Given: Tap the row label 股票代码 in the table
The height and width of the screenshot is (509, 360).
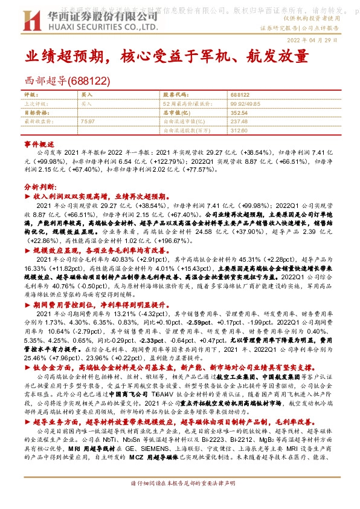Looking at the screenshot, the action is (176, 95).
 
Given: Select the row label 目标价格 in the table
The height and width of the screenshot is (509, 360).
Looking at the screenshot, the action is (35, 112).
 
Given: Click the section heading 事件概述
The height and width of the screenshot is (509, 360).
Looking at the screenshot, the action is (40, 145).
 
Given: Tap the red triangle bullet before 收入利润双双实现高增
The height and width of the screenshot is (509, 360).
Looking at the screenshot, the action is (27, 198).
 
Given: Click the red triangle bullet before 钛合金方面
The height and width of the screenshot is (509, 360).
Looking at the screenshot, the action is (27, 366).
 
